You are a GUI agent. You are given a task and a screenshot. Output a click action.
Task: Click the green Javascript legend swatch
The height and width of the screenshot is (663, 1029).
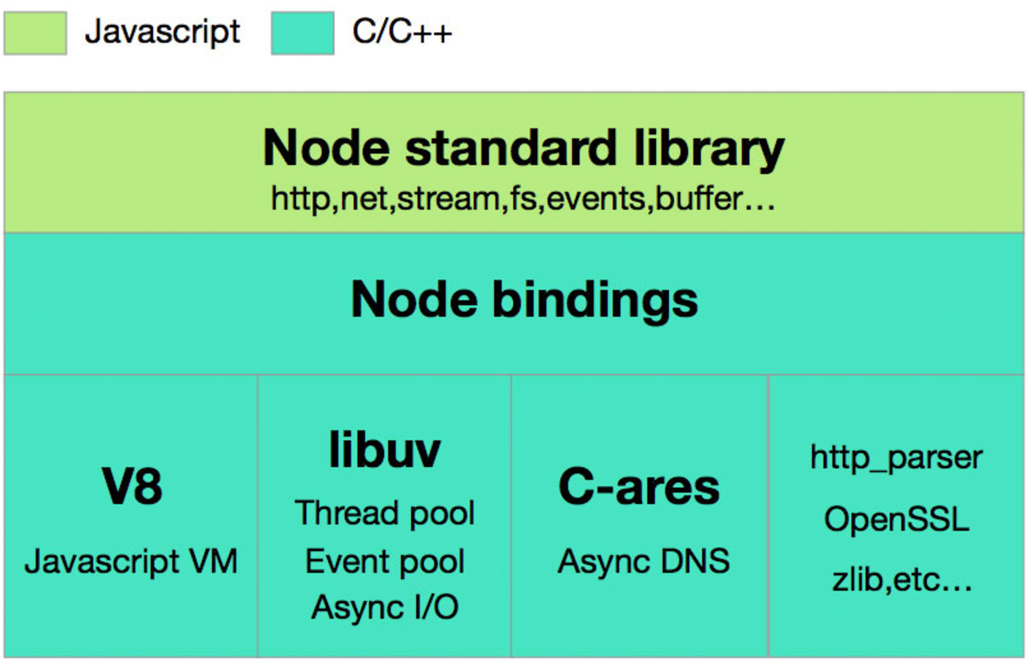[36, 33]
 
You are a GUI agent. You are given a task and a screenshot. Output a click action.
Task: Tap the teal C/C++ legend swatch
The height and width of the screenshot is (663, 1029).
[302, 33]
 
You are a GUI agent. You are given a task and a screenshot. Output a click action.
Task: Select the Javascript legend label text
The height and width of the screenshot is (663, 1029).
[163, 33]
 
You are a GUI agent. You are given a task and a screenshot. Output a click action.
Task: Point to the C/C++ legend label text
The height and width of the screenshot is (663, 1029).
[402, 32]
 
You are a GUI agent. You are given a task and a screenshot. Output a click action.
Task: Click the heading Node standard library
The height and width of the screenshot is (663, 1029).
[524, 149]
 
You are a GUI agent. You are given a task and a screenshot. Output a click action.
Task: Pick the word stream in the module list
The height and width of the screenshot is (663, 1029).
[448, 200]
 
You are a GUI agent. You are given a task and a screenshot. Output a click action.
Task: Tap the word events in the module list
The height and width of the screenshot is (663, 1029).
[596, 200]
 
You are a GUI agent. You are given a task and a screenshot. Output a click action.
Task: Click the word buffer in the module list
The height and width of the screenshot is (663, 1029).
[699, 200]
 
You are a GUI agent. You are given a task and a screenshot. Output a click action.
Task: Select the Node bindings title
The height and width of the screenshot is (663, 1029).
[524, 299]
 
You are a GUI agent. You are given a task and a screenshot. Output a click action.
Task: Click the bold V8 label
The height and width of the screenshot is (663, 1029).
[132, 486]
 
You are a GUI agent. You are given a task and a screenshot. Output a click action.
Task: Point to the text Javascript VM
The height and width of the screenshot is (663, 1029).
[131, 562]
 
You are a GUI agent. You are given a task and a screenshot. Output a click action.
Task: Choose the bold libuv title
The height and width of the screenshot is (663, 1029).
[385, 450]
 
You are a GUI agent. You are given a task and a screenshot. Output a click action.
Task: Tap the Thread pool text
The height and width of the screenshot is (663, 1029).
[385, 514]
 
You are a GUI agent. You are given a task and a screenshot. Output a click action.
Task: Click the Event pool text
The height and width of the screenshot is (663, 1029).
[385, 562]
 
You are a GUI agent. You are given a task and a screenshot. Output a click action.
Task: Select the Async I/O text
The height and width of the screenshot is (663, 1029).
[385, 608]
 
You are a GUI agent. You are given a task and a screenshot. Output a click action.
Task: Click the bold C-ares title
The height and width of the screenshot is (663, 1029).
[639, 487]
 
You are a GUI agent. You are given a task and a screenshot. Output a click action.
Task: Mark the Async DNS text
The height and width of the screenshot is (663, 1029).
[643, 561]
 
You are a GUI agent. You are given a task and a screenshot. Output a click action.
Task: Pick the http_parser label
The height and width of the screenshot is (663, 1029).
[896, 458]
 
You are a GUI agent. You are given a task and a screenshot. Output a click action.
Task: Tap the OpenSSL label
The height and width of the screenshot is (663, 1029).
[896, 519]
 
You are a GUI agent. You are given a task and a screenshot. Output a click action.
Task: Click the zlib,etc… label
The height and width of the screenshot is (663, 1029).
[902, 580]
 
